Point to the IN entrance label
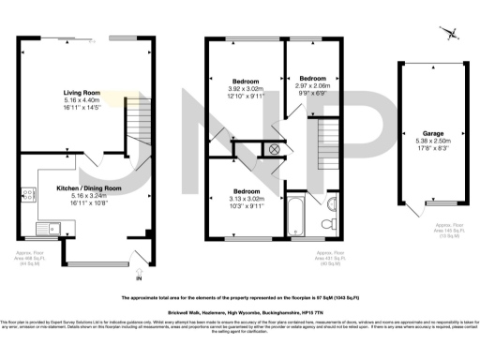point(140,278)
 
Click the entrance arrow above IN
point(140,270)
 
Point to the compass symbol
point(453,35)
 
